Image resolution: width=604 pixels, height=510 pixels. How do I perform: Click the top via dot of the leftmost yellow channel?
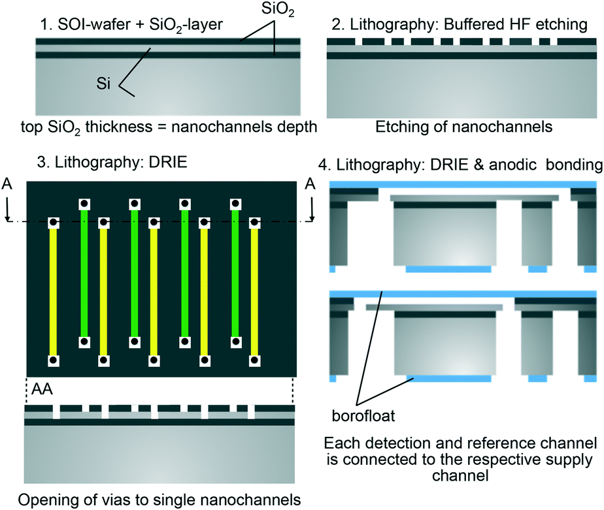coord(54,223)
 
